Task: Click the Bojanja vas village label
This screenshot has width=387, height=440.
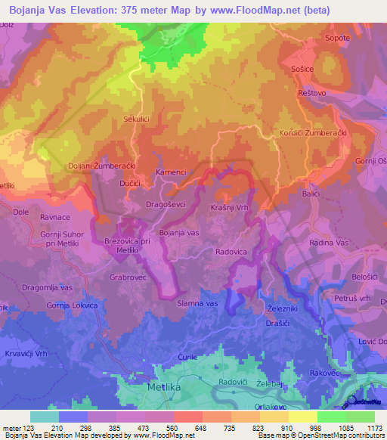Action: click(179, 234)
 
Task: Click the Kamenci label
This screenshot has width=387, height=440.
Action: click(170, 172)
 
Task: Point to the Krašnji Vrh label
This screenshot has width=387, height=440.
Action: click(231, 207)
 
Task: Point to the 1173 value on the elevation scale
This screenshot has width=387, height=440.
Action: click(373, 428)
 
